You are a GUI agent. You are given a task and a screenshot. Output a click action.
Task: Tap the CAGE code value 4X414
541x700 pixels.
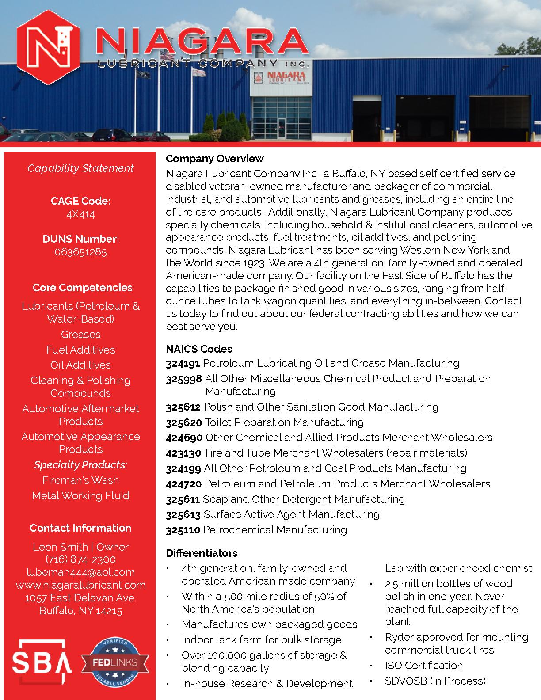coord(80,214)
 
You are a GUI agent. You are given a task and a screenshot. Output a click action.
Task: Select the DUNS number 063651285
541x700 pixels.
coord(80,252)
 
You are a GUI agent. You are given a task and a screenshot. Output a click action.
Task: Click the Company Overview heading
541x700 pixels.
coord(214,159)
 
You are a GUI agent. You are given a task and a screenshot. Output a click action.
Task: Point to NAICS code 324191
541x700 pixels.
coord(183,363)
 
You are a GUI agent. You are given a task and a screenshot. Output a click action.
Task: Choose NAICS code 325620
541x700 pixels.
coord(184,422)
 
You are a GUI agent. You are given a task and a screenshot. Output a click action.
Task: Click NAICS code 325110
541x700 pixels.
coord(183,529)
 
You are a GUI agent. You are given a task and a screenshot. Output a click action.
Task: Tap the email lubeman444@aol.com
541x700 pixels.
coord(80,572)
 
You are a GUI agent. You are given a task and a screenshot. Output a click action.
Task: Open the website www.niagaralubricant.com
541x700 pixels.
coord(80,585)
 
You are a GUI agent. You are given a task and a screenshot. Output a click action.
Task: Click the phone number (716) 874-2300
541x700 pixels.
coord(80,559)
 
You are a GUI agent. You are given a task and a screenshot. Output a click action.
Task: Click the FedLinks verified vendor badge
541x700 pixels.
coord(115,662)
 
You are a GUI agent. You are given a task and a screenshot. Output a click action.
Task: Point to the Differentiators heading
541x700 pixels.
coord(202,553)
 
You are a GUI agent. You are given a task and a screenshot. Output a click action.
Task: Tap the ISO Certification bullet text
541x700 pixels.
coord(423,666)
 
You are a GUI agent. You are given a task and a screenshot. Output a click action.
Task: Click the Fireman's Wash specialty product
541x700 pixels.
coord(80,480)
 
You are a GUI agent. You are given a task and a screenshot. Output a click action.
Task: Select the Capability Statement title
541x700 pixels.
coord(80,168)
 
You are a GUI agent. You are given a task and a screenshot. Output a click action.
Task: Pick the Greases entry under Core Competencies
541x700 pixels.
coord(80,335)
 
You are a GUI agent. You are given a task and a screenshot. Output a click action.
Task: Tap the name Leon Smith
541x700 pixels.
coord(60,547)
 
